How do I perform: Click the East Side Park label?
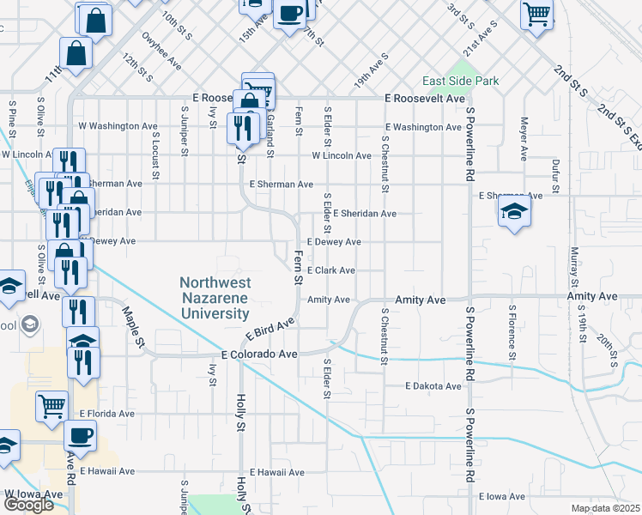[x=460, y=82]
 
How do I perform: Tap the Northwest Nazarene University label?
[x=215, y=298]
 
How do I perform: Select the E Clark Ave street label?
[x=331, y=270]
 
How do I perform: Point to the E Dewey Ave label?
[x=333, y=242]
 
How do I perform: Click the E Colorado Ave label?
[x=259, y=354]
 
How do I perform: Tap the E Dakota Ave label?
[x=433, y=386]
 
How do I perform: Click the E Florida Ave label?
[x=107, y=413]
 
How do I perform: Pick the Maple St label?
[x=134, y=327]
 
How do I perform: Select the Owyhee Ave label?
[x=163, y=51]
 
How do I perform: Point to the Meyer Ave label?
[x=522, y=140]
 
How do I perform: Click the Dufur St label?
[x=555, y=173]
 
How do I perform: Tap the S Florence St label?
[x=512, y=331]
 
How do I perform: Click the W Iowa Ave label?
[x=33, y=494]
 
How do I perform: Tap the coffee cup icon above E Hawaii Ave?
[x=80, y=435]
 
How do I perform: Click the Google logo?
[x=28, y=505]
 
